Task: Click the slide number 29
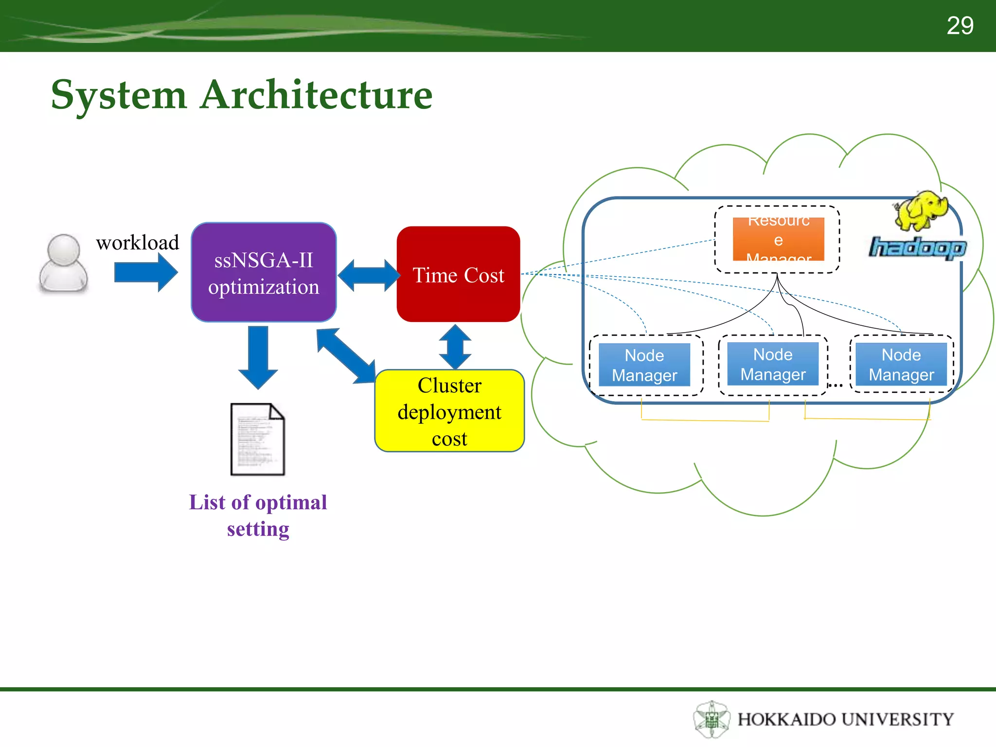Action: coord(960,25)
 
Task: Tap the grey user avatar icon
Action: coord(63,264)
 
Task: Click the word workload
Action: coord(138,242)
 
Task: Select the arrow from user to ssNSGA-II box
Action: coord(145,272)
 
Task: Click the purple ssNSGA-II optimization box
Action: coord(264,273)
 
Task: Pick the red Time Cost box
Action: coord(458,274)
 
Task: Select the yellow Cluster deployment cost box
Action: coord(449,411)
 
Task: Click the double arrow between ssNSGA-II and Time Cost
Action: coord(368,275)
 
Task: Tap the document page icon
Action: coord(257,439)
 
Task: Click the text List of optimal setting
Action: coord(258,515)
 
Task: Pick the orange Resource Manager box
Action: coord(778,239)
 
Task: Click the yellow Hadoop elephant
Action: coord(921,210)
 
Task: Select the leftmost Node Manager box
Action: coord(644,365)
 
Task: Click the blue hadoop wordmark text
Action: coord(917,248)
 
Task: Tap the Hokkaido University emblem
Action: coord(711,719)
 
